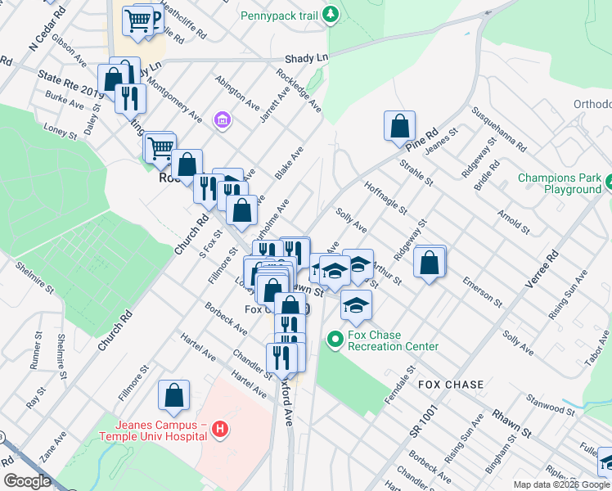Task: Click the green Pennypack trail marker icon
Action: (330, 14)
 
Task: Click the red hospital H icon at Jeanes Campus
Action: (218, 428)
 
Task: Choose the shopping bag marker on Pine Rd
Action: (399, 127)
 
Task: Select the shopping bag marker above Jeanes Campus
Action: (174, 396)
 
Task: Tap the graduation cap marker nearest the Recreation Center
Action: (355, 305)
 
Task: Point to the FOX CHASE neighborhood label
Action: (451, 385)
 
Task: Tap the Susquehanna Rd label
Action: (497, 128)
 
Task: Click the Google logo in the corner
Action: (27, 481)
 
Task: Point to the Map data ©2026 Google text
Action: (561, 484)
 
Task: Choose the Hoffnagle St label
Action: (385, 197)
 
